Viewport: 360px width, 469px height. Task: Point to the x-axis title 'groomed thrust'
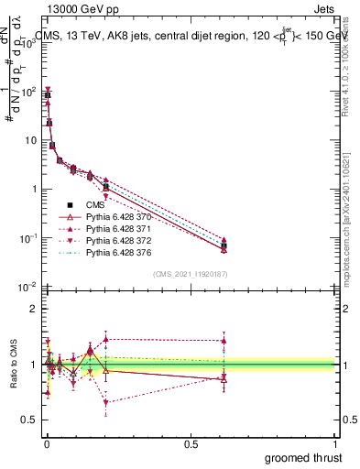303,457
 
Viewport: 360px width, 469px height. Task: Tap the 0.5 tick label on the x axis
191,442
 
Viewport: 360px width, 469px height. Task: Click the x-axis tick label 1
336,442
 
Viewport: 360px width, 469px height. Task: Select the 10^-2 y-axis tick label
26,287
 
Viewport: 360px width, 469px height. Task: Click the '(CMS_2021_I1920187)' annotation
190,274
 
